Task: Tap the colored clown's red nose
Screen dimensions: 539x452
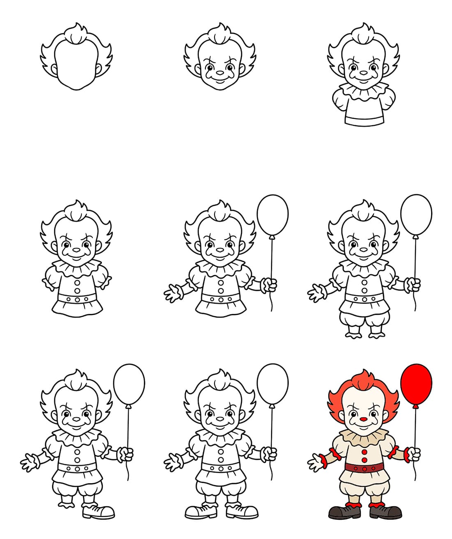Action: tap(363, 420)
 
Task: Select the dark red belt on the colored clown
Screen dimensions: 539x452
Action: tap(364, 468)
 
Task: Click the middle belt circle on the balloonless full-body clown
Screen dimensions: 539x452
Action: tap(76, 299)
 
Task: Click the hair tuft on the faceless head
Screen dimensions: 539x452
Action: tap(76, 34)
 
